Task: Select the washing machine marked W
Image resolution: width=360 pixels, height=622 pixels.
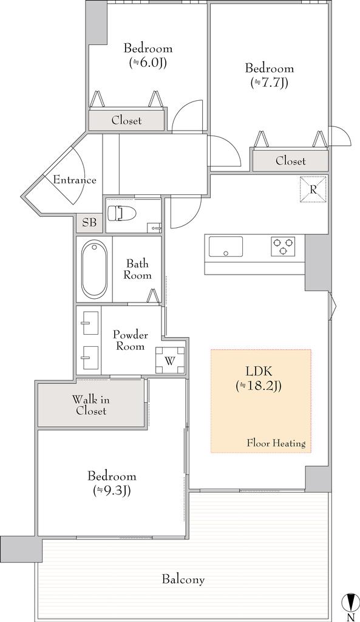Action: coord(170,361)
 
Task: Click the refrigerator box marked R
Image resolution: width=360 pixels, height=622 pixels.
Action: coord(313,190)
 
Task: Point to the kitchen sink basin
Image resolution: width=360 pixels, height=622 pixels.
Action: coord(226,247)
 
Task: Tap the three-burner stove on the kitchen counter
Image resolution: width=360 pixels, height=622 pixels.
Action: coord(283,245)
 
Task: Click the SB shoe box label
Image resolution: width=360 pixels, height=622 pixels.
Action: coord(89,222)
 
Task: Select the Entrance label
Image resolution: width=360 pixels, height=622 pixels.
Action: coord(75,180)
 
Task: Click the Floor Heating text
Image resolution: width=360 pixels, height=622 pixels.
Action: coord(276,443)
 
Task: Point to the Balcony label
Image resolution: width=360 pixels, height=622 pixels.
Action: coord(183,579)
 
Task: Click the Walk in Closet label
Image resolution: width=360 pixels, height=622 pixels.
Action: coord(91,405)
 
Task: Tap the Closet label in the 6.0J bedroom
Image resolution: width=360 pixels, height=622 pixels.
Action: coord(126,120)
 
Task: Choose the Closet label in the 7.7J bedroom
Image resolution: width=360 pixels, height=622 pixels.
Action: coord(291,161)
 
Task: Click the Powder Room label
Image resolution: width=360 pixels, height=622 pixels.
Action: coord(131,340)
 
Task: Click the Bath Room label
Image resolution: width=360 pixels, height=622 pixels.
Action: coord(137,269)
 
